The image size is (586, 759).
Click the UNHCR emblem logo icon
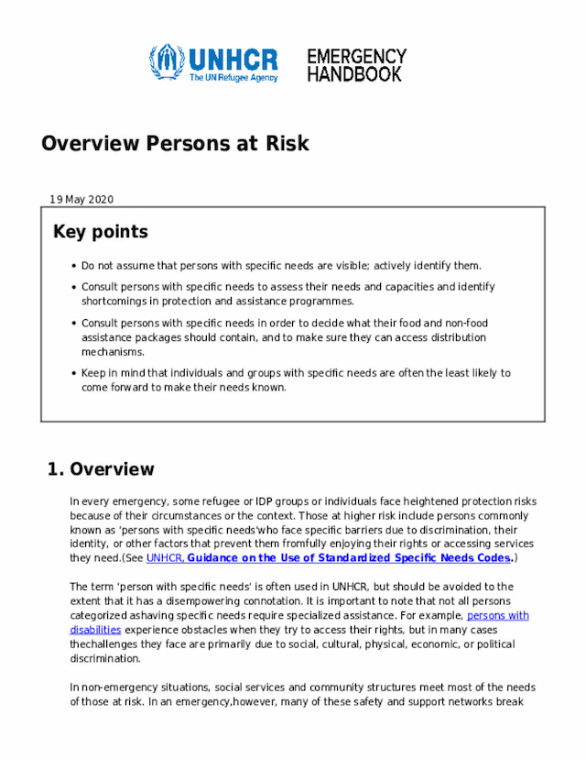167,62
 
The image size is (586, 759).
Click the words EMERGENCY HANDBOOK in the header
356,66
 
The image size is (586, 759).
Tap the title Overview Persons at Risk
175,144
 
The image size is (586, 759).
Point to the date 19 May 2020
81,200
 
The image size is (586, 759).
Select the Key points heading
100,232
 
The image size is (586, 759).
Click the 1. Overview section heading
101,469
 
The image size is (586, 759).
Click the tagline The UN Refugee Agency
233,79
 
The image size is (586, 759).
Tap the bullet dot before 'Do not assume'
72,266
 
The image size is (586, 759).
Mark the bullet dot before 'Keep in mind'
72,373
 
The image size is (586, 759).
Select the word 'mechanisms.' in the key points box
113,352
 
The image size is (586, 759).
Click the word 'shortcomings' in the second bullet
113,301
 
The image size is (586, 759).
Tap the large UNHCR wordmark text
233,59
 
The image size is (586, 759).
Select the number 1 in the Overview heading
51,469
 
